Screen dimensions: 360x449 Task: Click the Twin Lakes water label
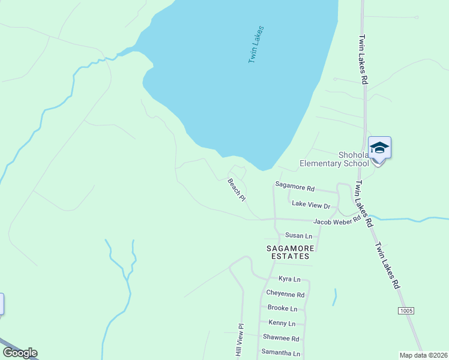tap(256, 45)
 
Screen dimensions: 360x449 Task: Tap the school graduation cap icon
tap(379, 147)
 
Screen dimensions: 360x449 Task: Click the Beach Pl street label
tap(237, 189)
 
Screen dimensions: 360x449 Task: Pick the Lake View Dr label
tap(311, 205)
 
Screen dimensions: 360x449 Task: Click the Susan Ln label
tap(299, 236)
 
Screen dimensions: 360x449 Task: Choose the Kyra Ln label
tap(289, 279)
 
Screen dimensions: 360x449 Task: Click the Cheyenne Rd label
tap(285, 294)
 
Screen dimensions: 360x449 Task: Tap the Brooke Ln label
tap(282, 308)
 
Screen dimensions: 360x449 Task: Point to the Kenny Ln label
tap(282, 323)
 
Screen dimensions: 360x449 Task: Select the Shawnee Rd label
tap(280, 338)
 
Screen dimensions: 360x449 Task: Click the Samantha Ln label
tap(280, 353)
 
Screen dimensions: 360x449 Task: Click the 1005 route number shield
tap(405, 310)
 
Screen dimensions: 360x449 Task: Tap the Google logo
tap(20, 353)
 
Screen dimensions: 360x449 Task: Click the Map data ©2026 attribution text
tap(423, 355)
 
